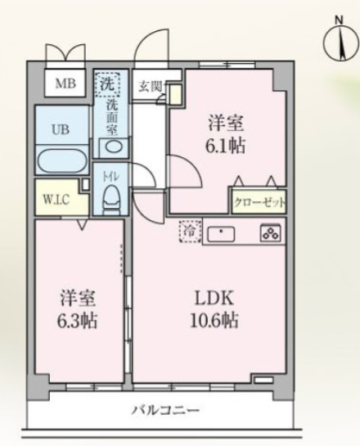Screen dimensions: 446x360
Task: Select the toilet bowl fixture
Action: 110,196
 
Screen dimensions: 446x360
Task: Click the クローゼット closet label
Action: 257,201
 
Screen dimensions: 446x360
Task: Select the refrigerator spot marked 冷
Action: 188,232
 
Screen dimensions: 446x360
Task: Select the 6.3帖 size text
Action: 77,321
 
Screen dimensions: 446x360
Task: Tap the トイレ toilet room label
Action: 110,174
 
